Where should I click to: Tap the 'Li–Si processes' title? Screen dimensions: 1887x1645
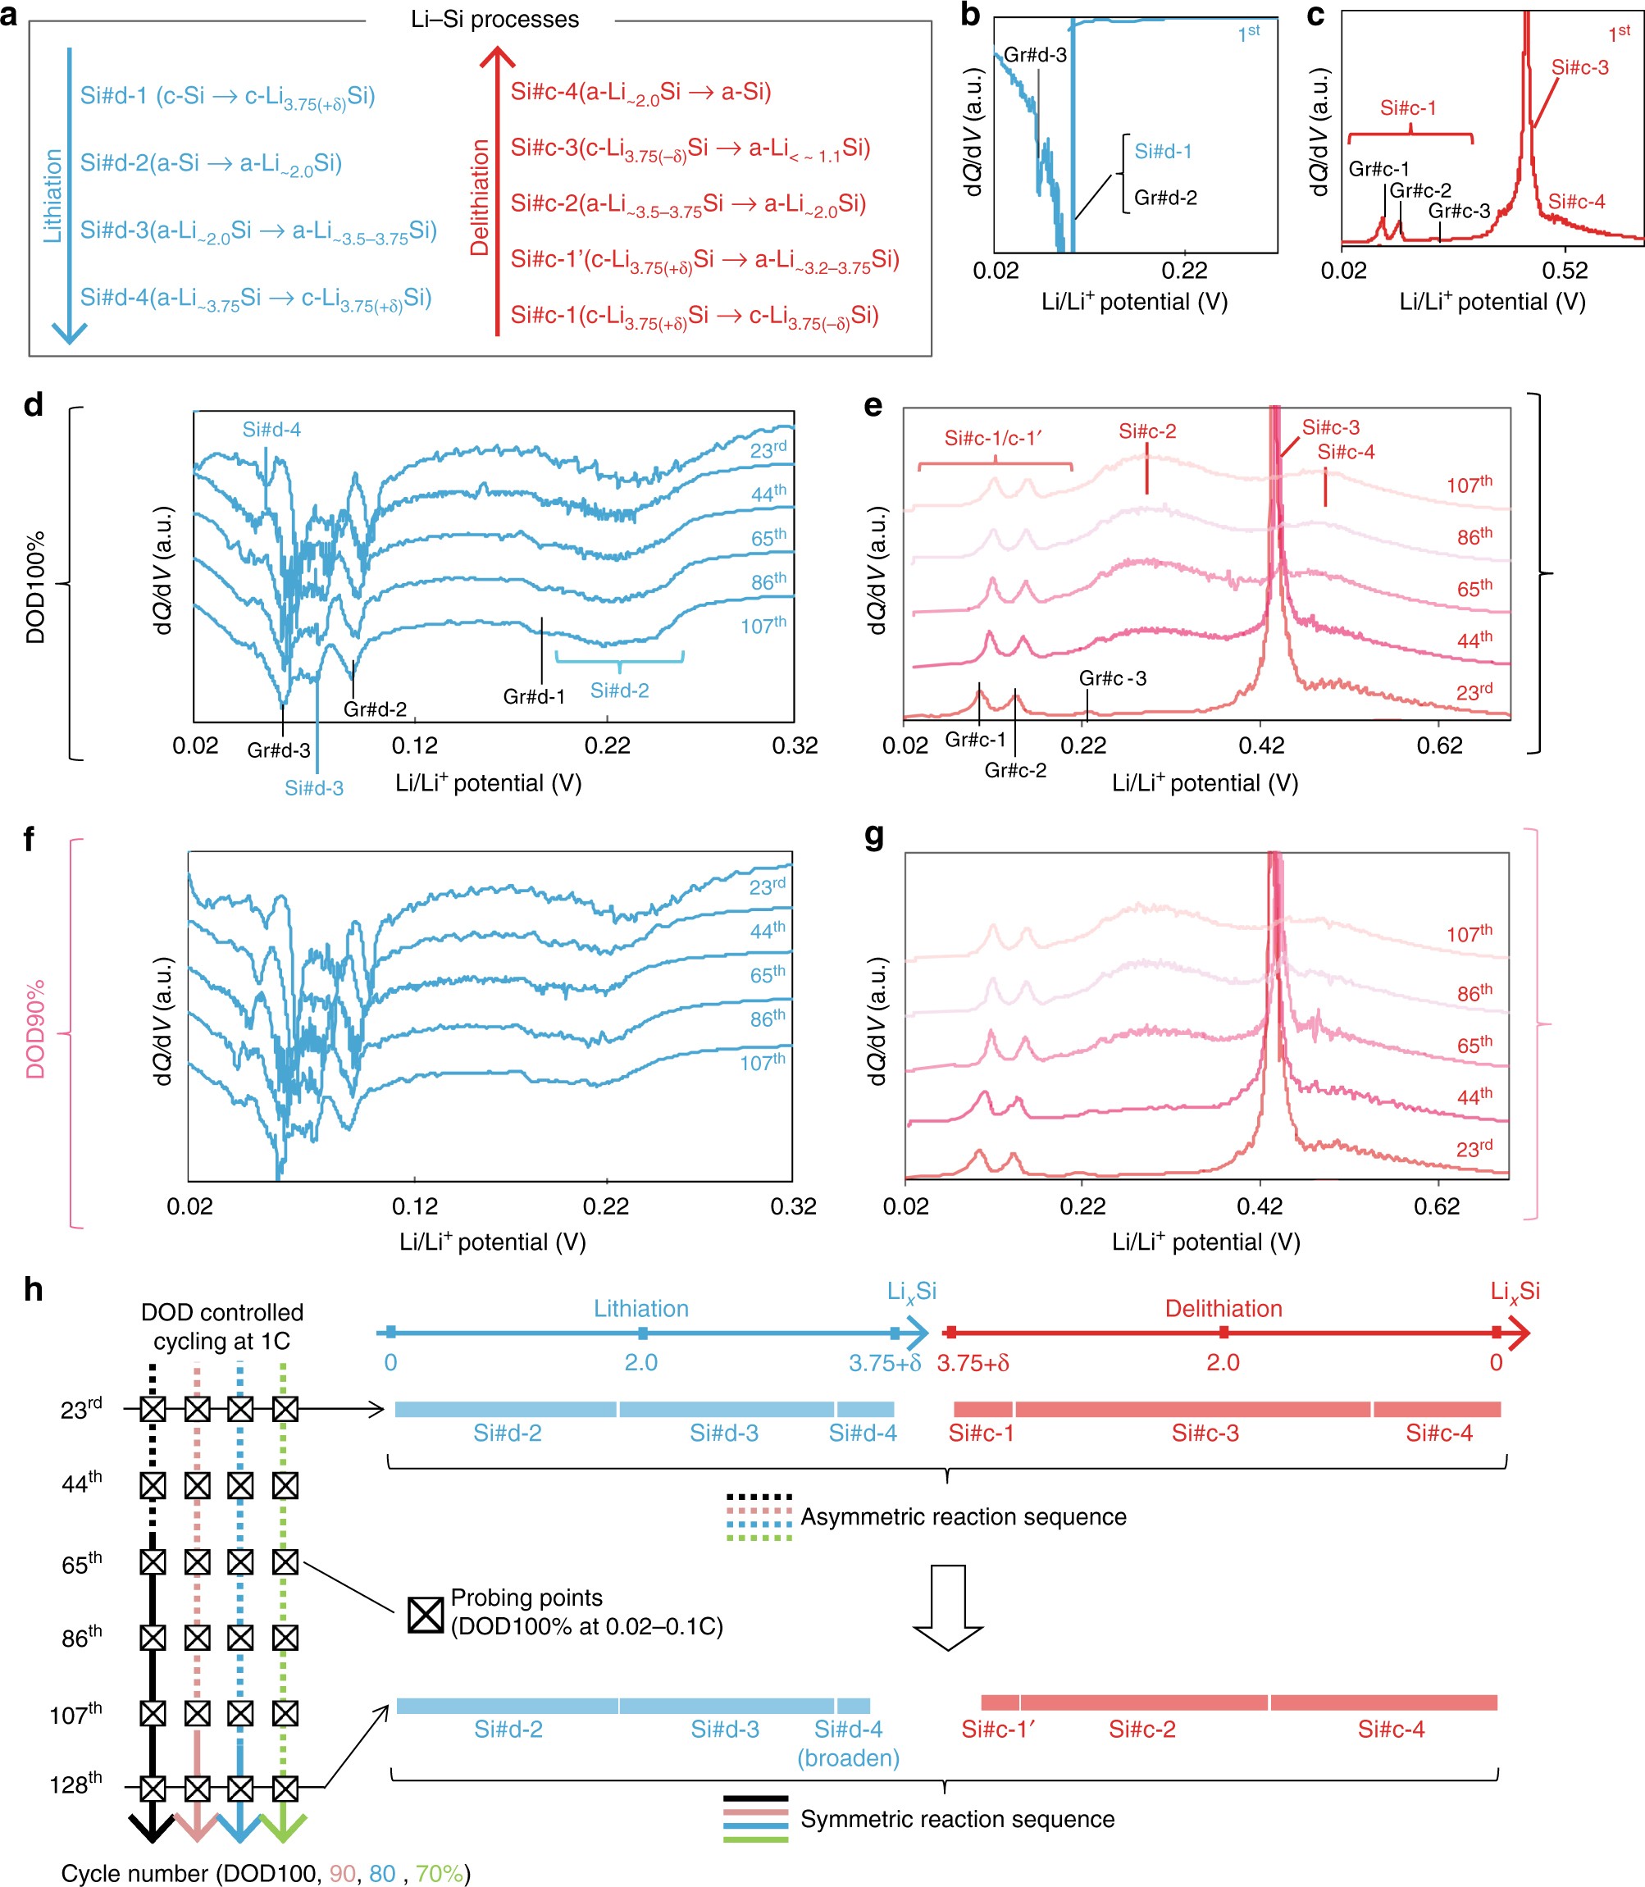click(494, 20)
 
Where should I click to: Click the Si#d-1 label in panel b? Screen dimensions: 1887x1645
click(1163, 152)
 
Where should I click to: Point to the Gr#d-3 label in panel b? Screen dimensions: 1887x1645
click(1035, 55)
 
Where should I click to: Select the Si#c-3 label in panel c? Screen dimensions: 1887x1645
click(1580, 67)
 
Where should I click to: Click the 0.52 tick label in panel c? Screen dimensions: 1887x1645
click(1564, 271)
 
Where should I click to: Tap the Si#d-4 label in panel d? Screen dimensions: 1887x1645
click(271, 430)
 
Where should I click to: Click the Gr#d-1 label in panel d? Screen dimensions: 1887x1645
click(533, 696)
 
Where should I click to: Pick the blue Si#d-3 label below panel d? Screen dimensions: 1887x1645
click(314, 787)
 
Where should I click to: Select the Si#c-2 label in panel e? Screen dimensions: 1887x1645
click(1146, 431)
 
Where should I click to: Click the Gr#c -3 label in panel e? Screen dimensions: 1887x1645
click(1113, 678)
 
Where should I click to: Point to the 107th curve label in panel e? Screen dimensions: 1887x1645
click(1469, 484)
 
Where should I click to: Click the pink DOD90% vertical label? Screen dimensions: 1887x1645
click(36, 1030)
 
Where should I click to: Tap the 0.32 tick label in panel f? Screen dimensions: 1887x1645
click(793, 1206)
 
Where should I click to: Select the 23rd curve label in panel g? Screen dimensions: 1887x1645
click(1474, 1148)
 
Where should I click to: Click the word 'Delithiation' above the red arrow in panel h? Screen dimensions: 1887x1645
click(1223, 1309)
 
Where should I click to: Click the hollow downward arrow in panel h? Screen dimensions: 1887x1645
click(947, 1607)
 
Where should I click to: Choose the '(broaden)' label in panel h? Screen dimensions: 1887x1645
click(847, 1757)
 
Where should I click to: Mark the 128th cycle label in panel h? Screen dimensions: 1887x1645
click(75, 1784)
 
